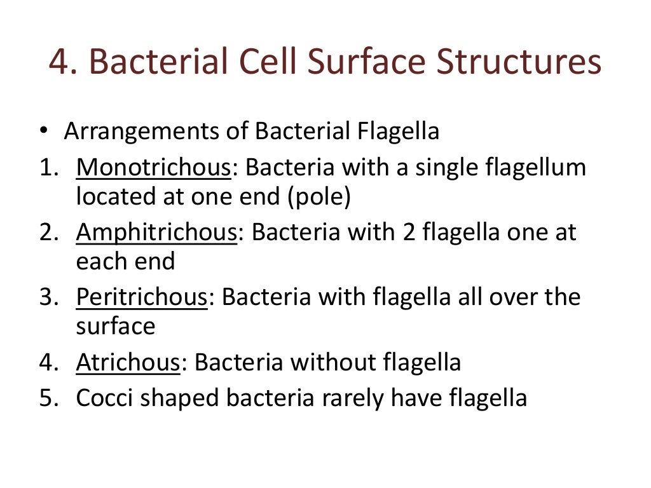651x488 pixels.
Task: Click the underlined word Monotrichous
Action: coord(153,168)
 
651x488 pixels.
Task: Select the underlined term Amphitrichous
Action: coord(156,233)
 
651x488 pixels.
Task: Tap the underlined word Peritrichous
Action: coord(142,297)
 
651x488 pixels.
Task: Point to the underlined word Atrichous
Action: coord(128,362)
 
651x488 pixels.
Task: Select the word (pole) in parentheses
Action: coord(319,197)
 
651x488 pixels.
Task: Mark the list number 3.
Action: coord(46,297)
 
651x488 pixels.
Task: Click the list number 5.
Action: coord(46,398)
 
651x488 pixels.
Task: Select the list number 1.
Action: coord(46,168)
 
